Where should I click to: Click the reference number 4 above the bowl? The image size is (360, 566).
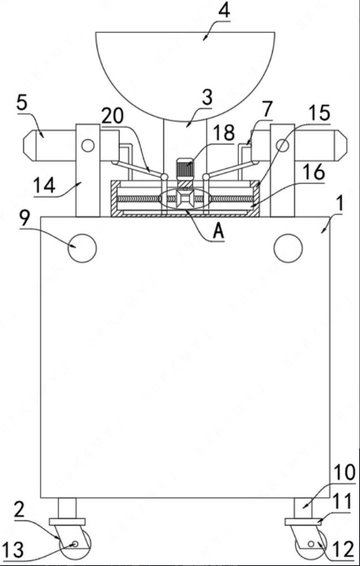(x=223, y=11)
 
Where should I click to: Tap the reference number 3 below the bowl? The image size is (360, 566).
(x=207, y=98)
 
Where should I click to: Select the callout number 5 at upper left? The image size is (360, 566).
(x=22, y=103)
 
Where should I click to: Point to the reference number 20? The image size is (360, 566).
(x=113, y=116)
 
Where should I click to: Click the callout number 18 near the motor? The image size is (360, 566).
(x=224, y=133)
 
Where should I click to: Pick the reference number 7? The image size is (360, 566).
(x=267, y=109)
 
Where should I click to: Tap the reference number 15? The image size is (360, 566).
(x=320, y=114)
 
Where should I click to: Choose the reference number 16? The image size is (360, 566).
(x=314, y=173)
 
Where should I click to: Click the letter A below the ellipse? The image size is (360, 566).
(x=219, y=232)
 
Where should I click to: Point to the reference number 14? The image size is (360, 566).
(x=44, y=187)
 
